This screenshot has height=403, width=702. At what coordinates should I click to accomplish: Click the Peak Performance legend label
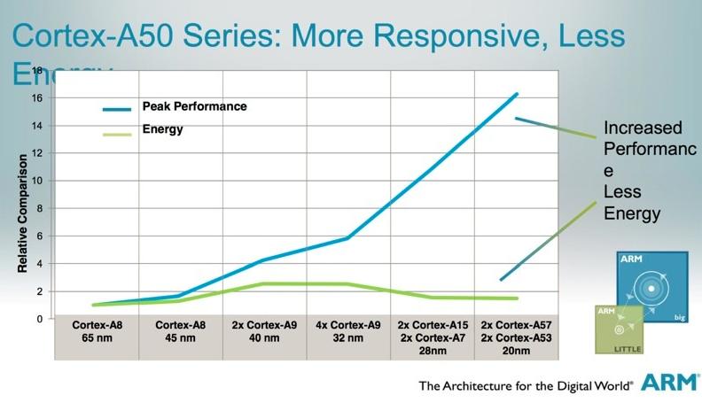pyautogui.click(x=194, y=106)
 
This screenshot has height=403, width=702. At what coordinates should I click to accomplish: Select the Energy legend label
pyautogui.click(x=162, y=129)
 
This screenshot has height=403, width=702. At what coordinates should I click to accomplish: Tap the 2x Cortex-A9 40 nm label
pyautogui.click(x=264, y=337)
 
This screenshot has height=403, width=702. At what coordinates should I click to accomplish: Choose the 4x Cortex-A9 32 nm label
pyautogui.click(x=348, y=337)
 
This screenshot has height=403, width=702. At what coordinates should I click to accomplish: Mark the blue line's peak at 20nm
pyautogui.click(x=517, y=94)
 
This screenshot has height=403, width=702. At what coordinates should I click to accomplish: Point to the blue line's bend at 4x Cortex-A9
pyautogui.click(x=348, y=237)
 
